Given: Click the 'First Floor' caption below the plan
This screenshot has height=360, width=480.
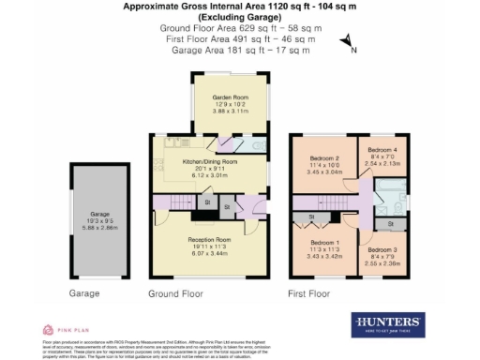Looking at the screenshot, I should [311, 293].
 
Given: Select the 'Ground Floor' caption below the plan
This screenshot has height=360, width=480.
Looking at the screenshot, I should [175, 293].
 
